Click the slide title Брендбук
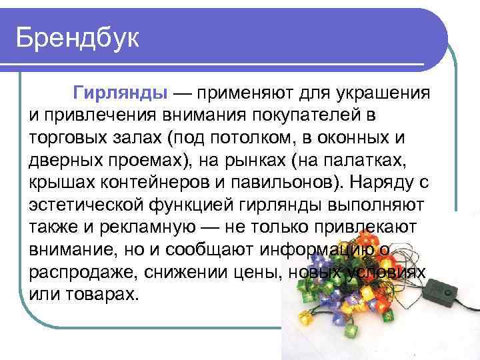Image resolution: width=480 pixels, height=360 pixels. (x=77, y=38)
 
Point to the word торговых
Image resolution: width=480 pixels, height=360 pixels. (x=65, y=137)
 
